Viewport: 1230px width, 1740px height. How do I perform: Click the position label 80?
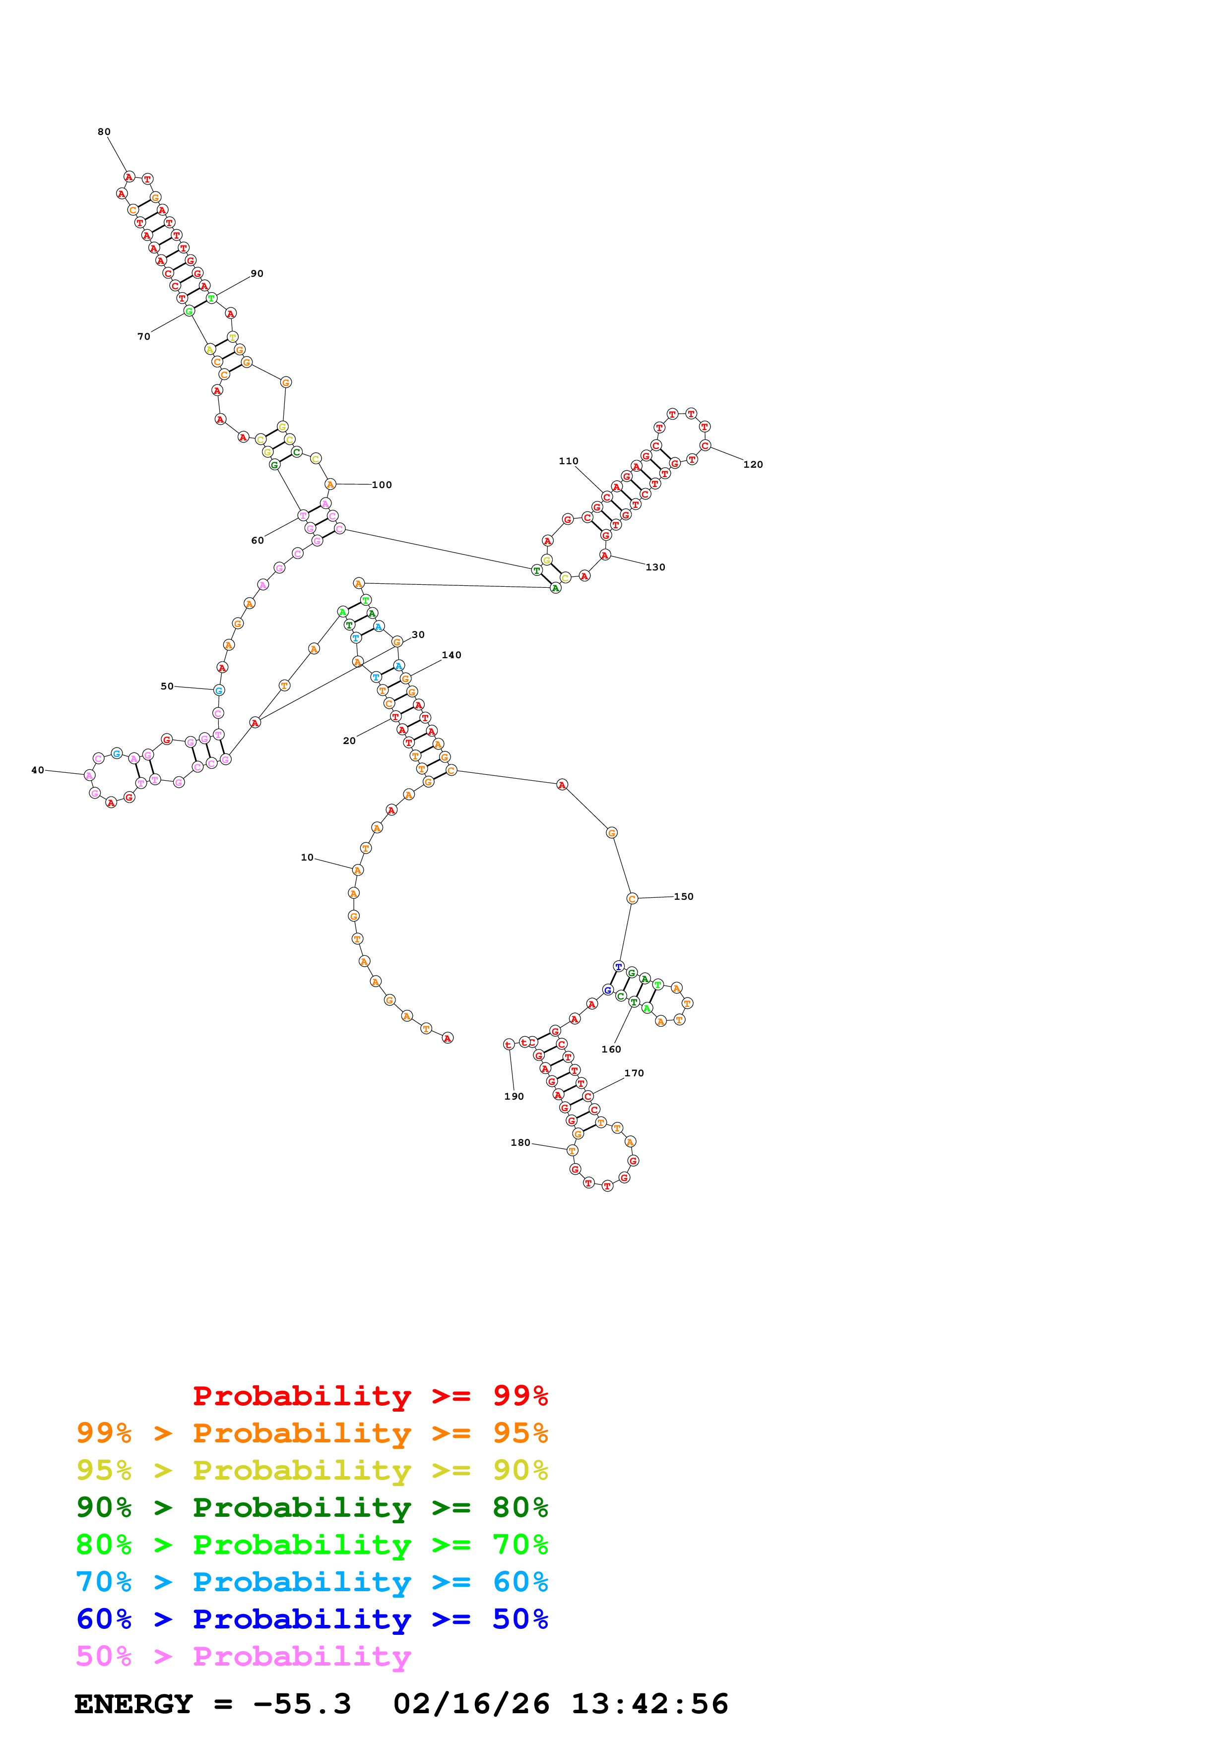[104, 132]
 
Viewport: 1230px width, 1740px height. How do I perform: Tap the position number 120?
[753, 465]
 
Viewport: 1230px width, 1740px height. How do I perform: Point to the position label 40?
[37, 770]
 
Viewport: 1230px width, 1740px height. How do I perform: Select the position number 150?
[684, 896]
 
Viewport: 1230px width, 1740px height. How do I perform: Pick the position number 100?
[381, 485]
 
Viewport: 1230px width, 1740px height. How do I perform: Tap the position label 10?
[307, 857]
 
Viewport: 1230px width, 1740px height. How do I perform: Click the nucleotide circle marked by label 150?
[632, 899]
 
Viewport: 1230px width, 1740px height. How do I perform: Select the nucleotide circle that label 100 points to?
[329, 484]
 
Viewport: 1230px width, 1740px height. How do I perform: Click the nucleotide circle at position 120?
[705, 445]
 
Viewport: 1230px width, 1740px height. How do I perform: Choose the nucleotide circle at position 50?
[219, 690]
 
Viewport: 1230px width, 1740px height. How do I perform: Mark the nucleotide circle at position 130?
[605, 556]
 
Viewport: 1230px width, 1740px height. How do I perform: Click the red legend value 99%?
[520, 1395]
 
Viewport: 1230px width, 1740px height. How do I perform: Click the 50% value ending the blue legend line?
[520, 1619]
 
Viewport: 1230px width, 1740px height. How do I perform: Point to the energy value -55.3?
[302, 1704]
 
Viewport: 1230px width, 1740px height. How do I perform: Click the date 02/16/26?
[471, 1704]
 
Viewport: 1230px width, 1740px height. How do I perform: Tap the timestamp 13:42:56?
[649, 1704]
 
